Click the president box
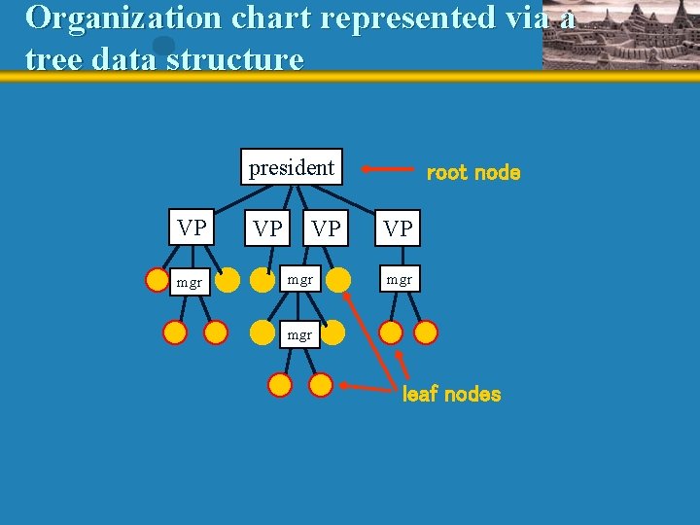[x=292, y=168]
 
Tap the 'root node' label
[x=473, y=173]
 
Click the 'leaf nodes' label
[x=451, y=394]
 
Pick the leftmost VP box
[x=192, y=227]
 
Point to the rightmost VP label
[x=398, y=229]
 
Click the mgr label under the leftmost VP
[x=189, y=283]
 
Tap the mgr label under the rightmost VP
[x=399, y=280]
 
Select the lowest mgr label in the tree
[x=299, y=334]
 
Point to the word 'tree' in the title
[x=53, y=59]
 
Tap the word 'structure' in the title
[x=234, y=59]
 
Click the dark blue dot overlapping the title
[x=163, y=46]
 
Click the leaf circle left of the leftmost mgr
[x=157, y=281]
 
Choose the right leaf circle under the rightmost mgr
[x=426, y=332]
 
